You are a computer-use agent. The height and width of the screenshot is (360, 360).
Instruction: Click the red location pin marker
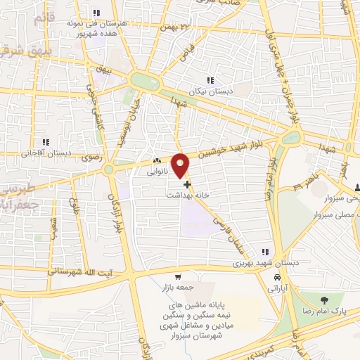[181, 165]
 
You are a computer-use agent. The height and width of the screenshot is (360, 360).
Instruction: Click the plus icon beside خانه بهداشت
[187, 184]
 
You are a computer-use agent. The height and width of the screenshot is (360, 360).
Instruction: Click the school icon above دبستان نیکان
[210, 80]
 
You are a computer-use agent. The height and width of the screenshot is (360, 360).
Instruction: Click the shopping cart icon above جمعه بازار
[179, 276]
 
